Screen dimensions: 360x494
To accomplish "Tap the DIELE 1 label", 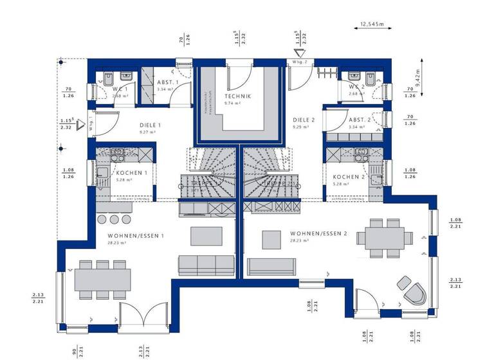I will tap(151, 125).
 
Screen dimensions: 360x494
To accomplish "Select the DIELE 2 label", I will tap(304, 120).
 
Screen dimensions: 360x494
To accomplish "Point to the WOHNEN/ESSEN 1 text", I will tap(136, 236).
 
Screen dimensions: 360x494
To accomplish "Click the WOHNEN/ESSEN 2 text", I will tap(318, 233).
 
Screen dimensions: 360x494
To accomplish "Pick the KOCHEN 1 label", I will tap(132, 174).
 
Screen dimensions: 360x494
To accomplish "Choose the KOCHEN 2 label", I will tap(349, 177).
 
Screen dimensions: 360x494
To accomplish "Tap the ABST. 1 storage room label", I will tap(169, 83).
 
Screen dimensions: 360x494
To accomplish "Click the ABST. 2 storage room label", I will tap(360, 120).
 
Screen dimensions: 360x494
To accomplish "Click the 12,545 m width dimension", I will tap(371, 24).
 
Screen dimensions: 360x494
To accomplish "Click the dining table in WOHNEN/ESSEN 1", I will tap(103, 279).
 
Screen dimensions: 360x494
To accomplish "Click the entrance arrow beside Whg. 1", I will tap(80, 124).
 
